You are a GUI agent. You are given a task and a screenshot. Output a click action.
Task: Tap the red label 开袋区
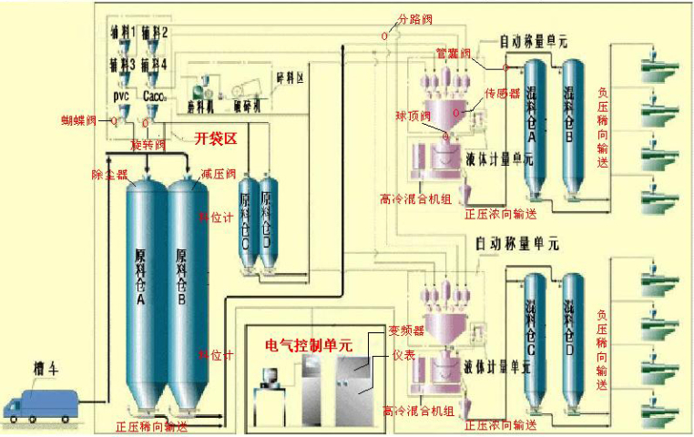218,138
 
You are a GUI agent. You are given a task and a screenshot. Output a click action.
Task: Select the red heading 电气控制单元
308,345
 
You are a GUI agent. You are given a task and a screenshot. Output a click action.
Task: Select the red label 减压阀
219,173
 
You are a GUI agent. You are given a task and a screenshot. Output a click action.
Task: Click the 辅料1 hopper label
124,32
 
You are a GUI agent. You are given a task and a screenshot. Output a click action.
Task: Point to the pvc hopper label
122,95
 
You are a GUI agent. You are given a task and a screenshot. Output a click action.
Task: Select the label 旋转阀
148,145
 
